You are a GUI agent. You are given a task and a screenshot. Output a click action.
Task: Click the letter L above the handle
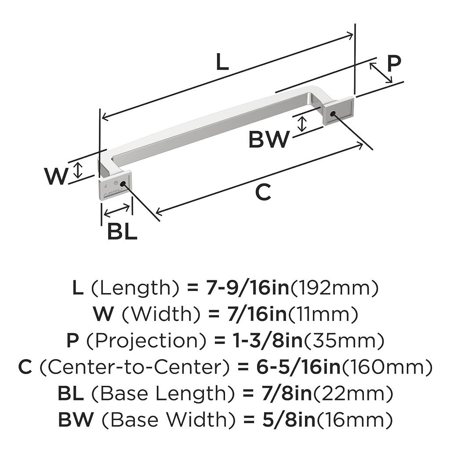(222, 63)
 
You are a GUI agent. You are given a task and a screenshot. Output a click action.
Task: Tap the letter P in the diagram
(394, 64)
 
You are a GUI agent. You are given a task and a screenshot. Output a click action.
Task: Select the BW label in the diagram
(269, 140)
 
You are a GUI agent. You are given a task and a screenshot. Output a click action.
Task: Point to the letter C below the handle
(263, 193)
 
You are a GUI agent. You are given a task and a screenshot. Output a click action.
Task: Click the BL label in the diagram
(122, 232)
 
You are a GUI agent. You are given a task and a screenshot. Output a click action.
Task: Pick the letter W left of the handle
(56, 177)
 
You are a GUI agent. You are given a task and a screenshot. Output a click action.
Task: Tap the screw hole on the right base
(332, 114)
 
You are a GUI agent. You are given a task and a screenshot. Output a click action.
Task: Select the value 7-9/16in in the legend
(247, 288)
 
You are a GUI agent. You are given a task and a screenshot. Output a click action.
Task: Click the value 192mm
(334, 288)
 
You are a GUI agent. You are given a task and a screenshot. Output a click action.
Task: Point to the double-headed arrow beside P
(381, 73)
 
